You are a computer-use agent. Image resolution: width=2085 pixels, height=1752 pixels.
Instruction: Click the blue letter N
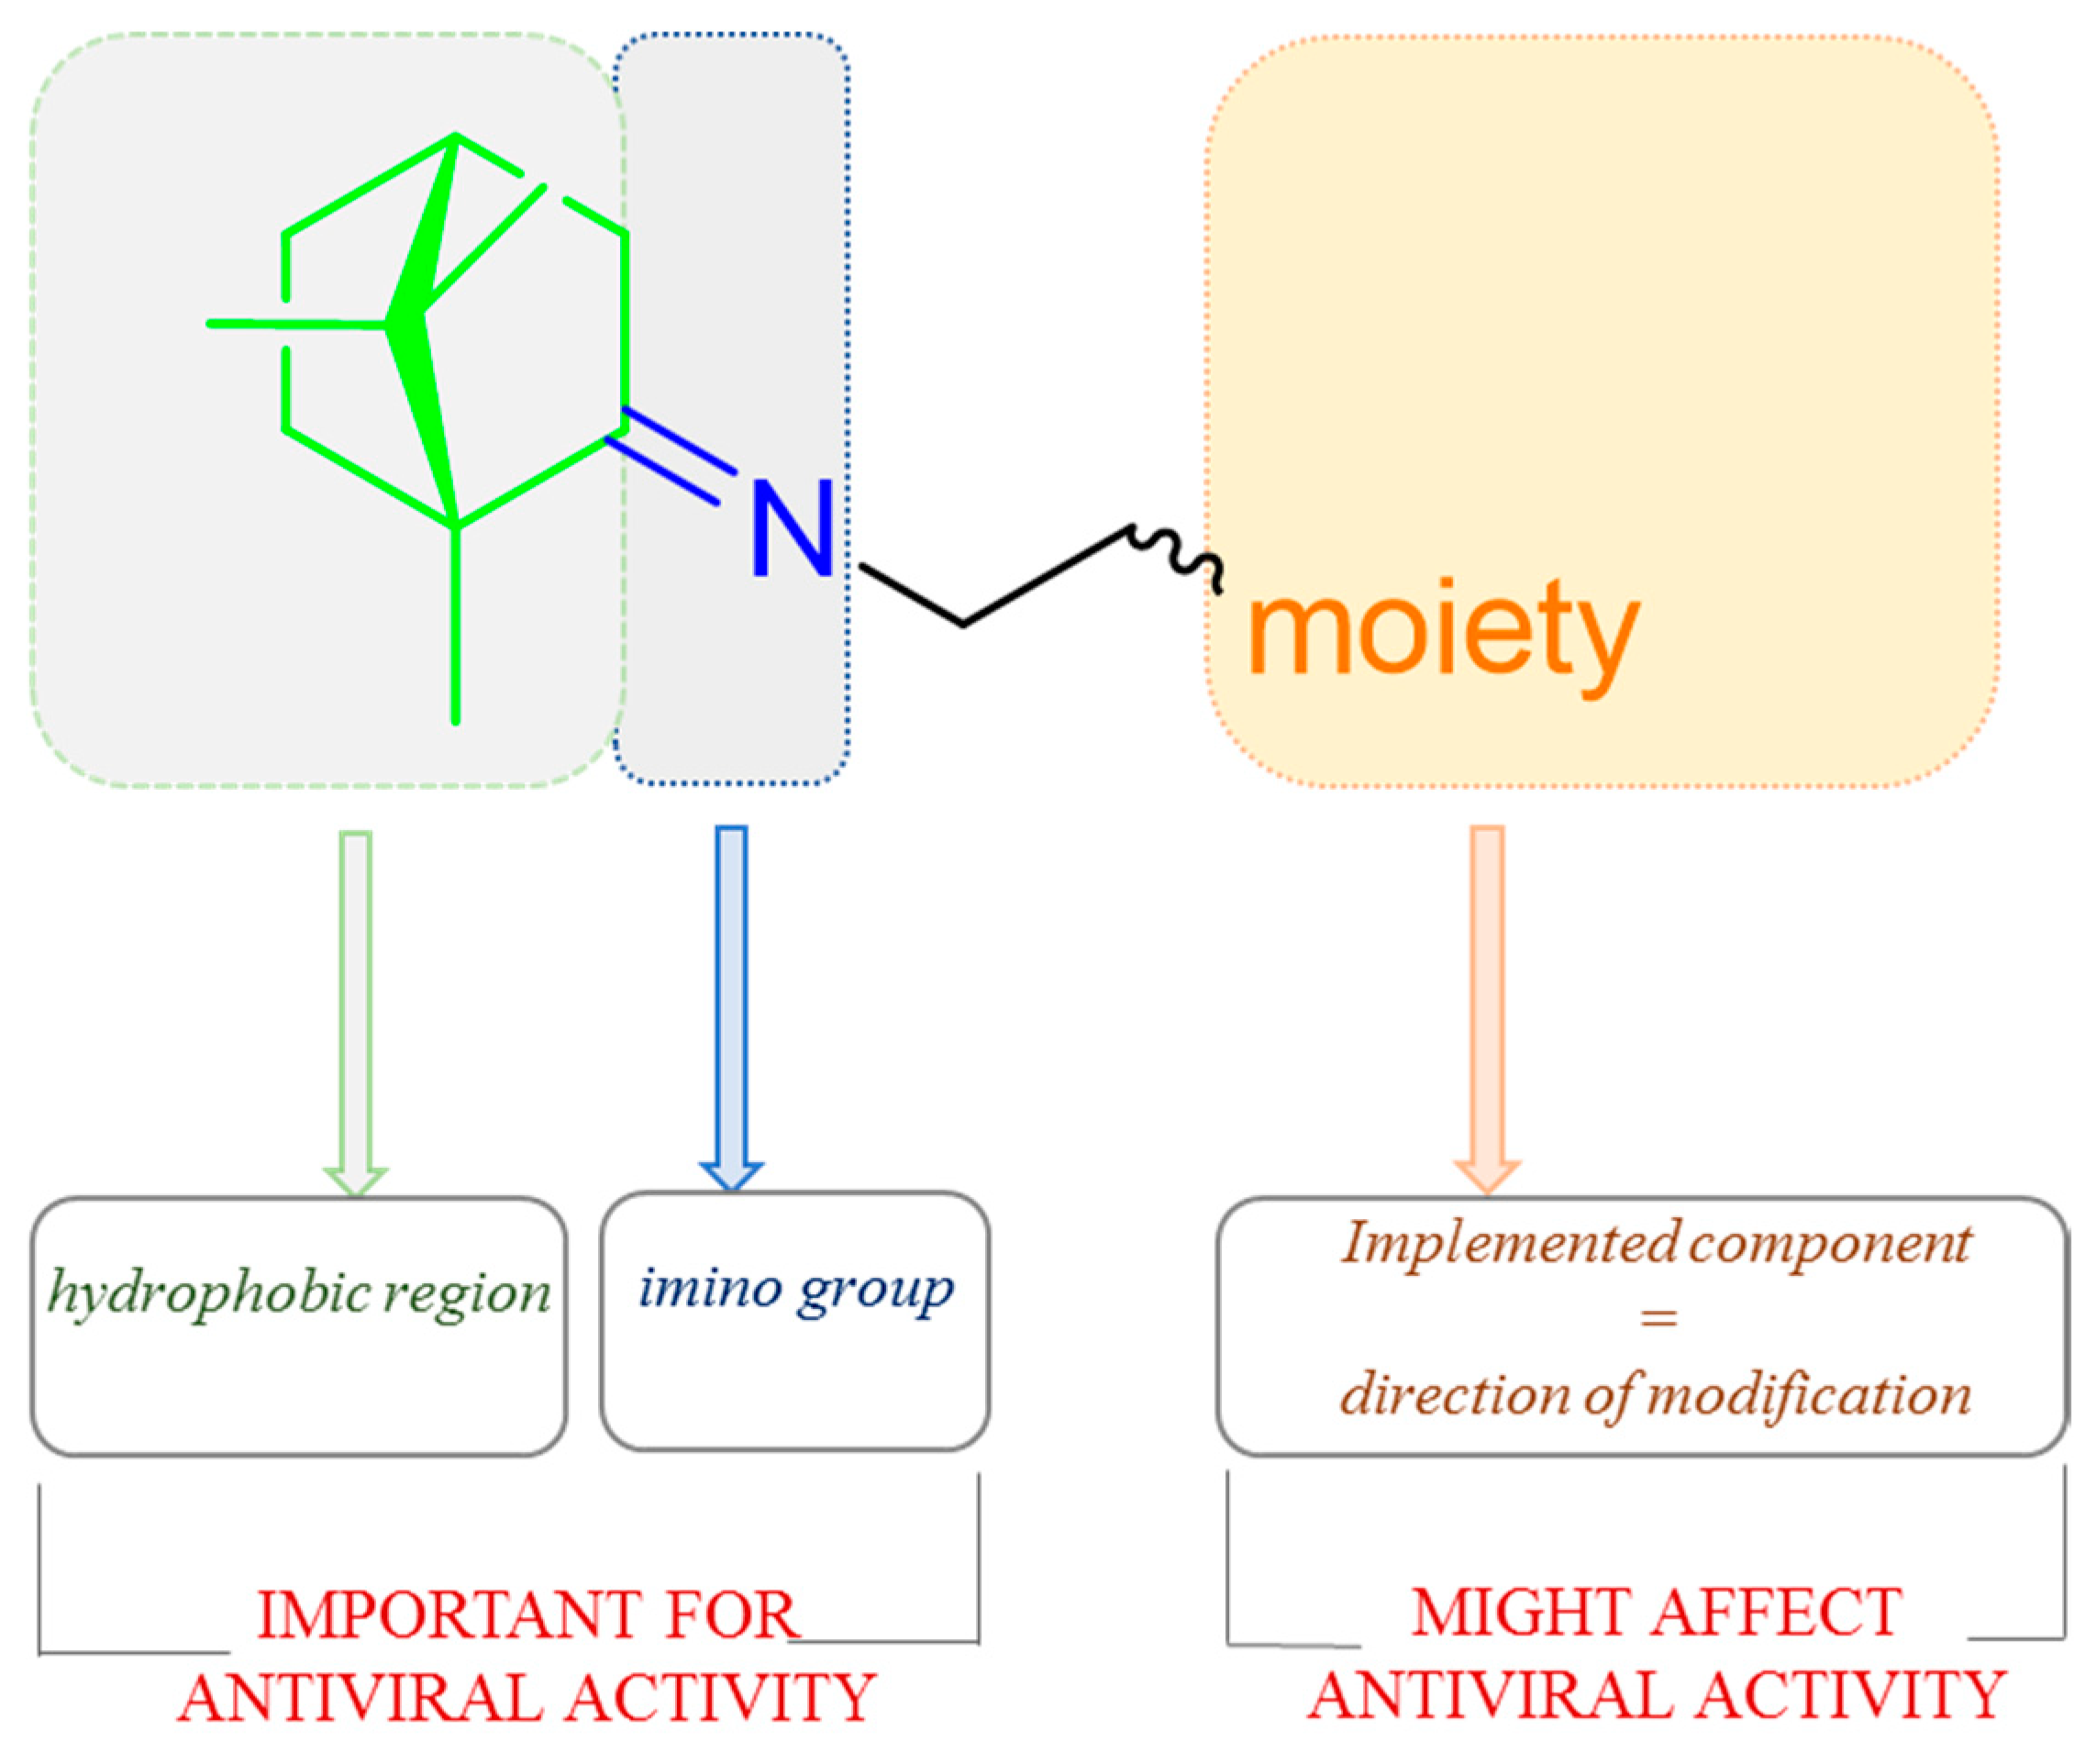tap(791, 527)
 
